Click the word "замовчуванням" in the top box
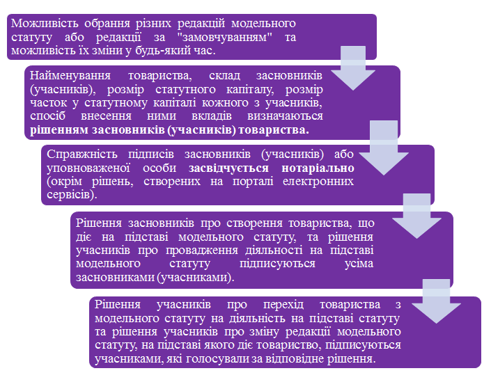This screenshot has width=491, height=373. click(x=225, y=38)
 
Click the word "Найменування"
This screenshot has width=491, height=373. click(x=70, y=76)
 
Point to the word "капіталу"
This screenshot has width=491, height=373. click(x=250, y=90)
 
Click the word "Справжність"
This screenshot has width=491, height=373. click(x=82, y=154)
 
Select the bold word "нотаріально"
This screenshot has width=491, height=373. click(x=318, y=168)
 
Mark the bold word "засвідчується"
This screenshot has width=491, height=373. click(x=228, y=168)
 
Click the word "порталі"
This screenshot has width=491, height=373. click(x=253, y=182)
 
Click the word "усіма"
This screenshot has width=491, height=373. click(x=359, y=264)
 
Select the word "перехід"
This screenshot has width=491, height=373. click(x=283, y=305)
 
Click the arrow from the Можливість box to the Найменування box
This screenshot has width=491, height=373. click(x=353, y=68)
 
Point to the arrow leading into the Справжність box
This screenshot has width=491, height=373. click(x=384, y=148)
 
